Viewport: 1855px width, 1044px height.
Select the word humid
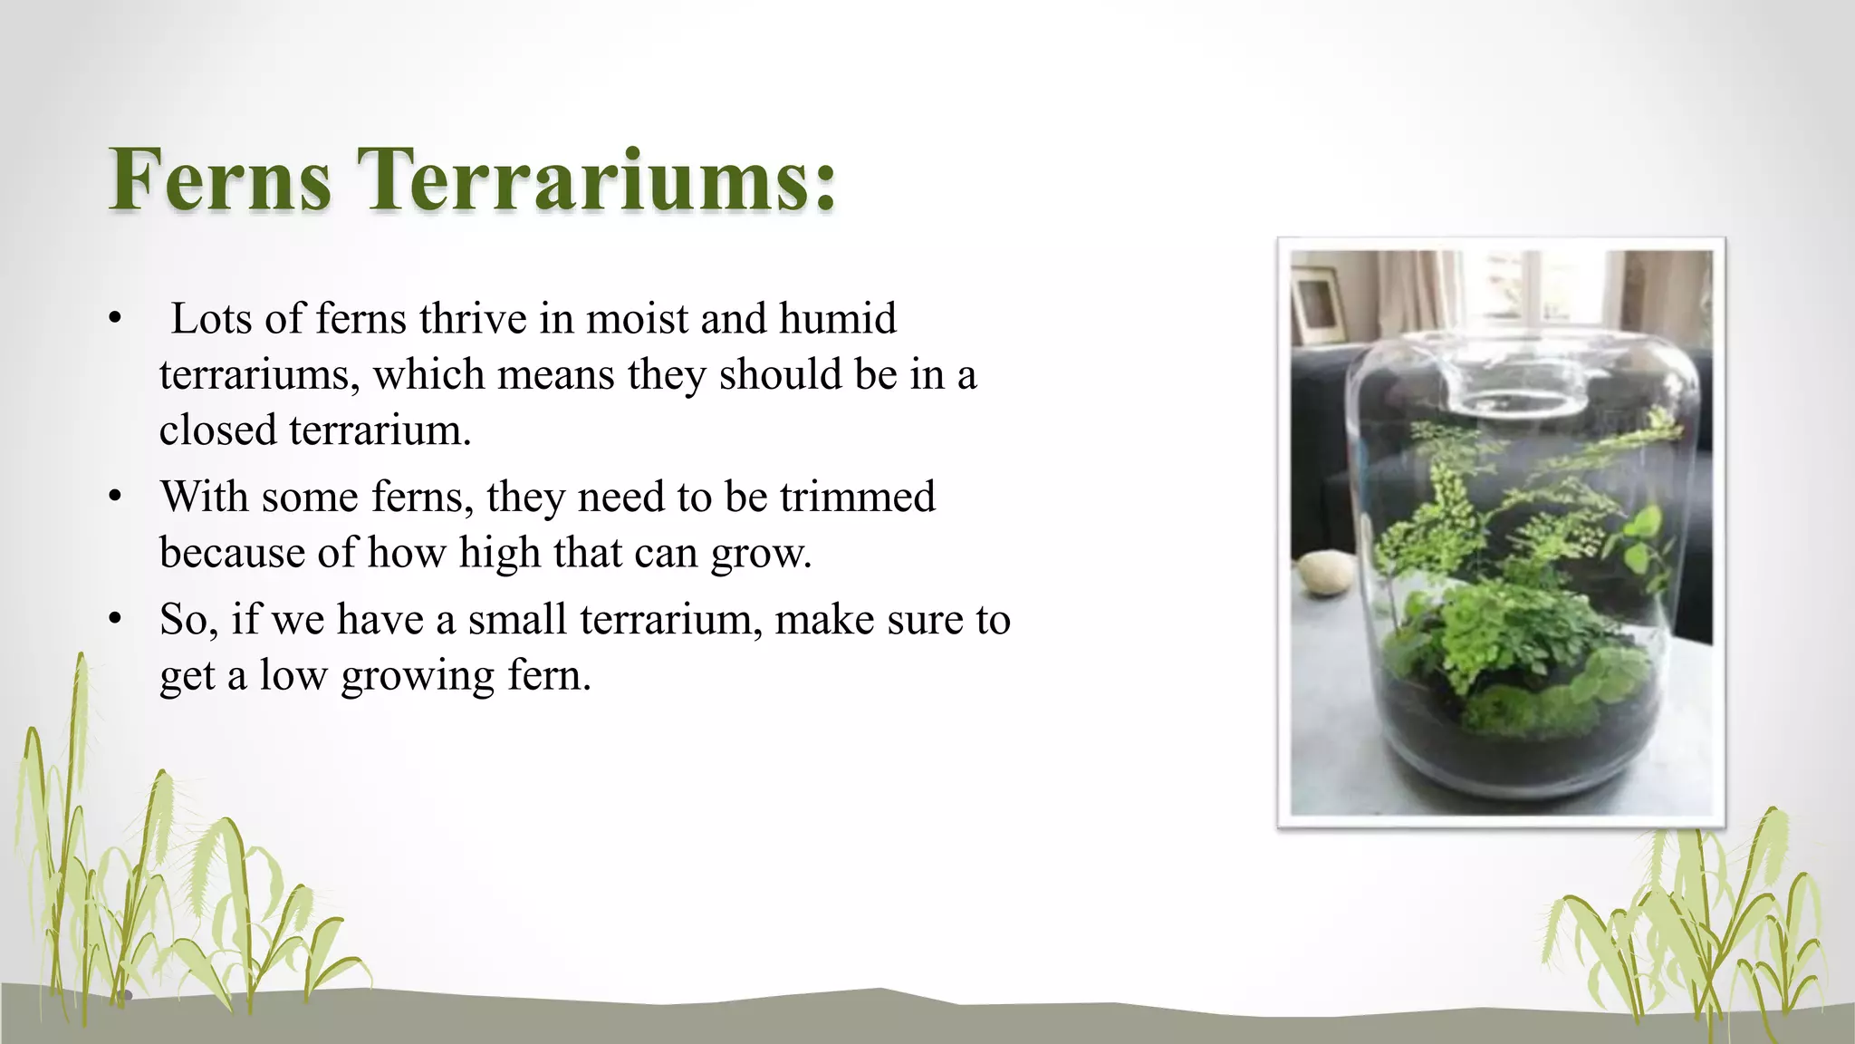click(x=838, y=319)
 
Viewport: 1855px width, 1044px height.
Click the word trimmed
click(x=857, y=497)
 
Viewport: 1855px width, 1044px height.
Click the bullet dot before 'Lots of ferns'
click(x=114, y=319)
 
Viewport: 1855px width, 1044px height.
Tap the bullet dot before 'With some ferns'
click(x=114, y=497)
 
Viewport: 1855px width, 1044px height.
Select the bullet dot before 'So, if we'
click(x=114, y=620)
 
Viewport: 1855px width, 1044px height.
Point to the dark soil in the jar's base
click(x=1522, y=752)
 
